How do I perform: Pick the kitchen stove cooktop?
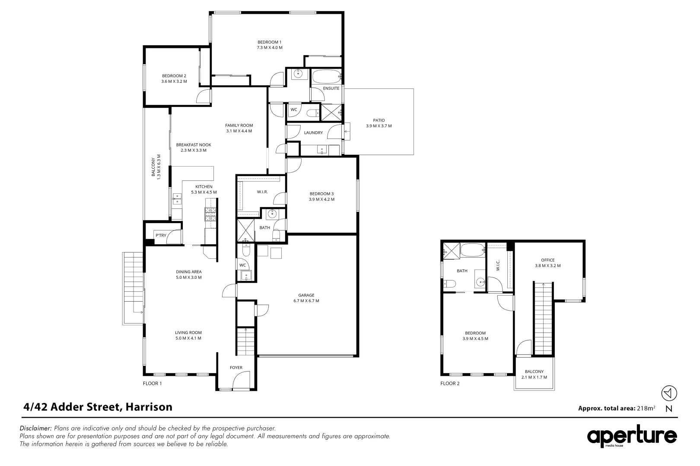click(210, 214)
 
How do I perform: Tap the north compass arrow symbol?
click(669, 393)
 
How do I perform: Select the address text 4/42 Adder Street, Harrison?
click(98, 406)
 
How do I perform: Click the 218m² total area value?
click(646, 408)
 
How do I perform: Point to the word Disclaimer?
click(36, 428)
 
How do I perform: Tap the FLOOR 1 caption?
click(152, 383)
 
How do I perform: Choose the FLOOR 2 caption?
click(450, 383)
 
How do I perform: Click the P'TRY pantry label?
click(160, 235)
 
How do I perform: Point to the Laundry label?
click(313, 132)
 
